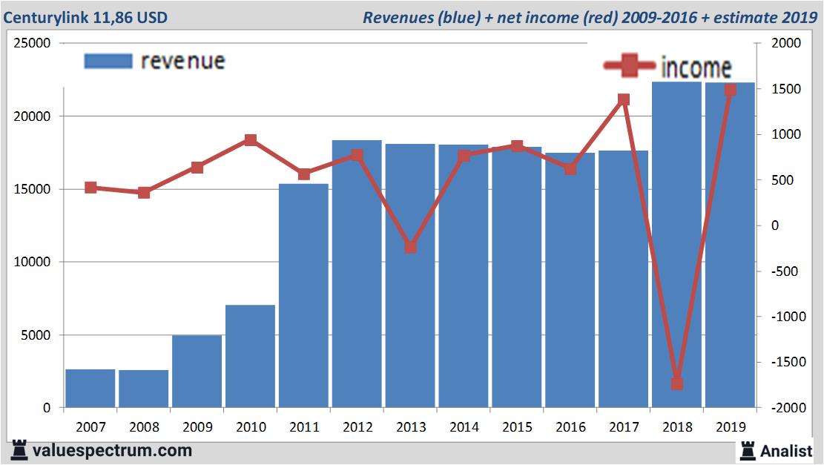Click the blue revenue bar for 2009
point(197,371)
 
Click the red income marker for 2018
point(676,383)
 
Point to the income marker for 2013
point(410,247)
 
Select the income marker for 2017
point(623,99)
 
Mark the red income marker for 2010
point(251,140)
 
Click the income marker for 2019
point(730,90)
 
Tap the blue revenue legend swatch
point(108,61)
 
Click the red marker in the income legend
point(630,67)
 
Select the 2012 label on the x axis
point(357,427)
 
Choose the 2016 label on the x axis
point(570,427)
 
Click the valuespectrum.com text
point(113,450)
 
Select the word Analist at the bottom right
point(786,450)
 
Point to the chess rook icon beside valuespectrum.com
point(19,449)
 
